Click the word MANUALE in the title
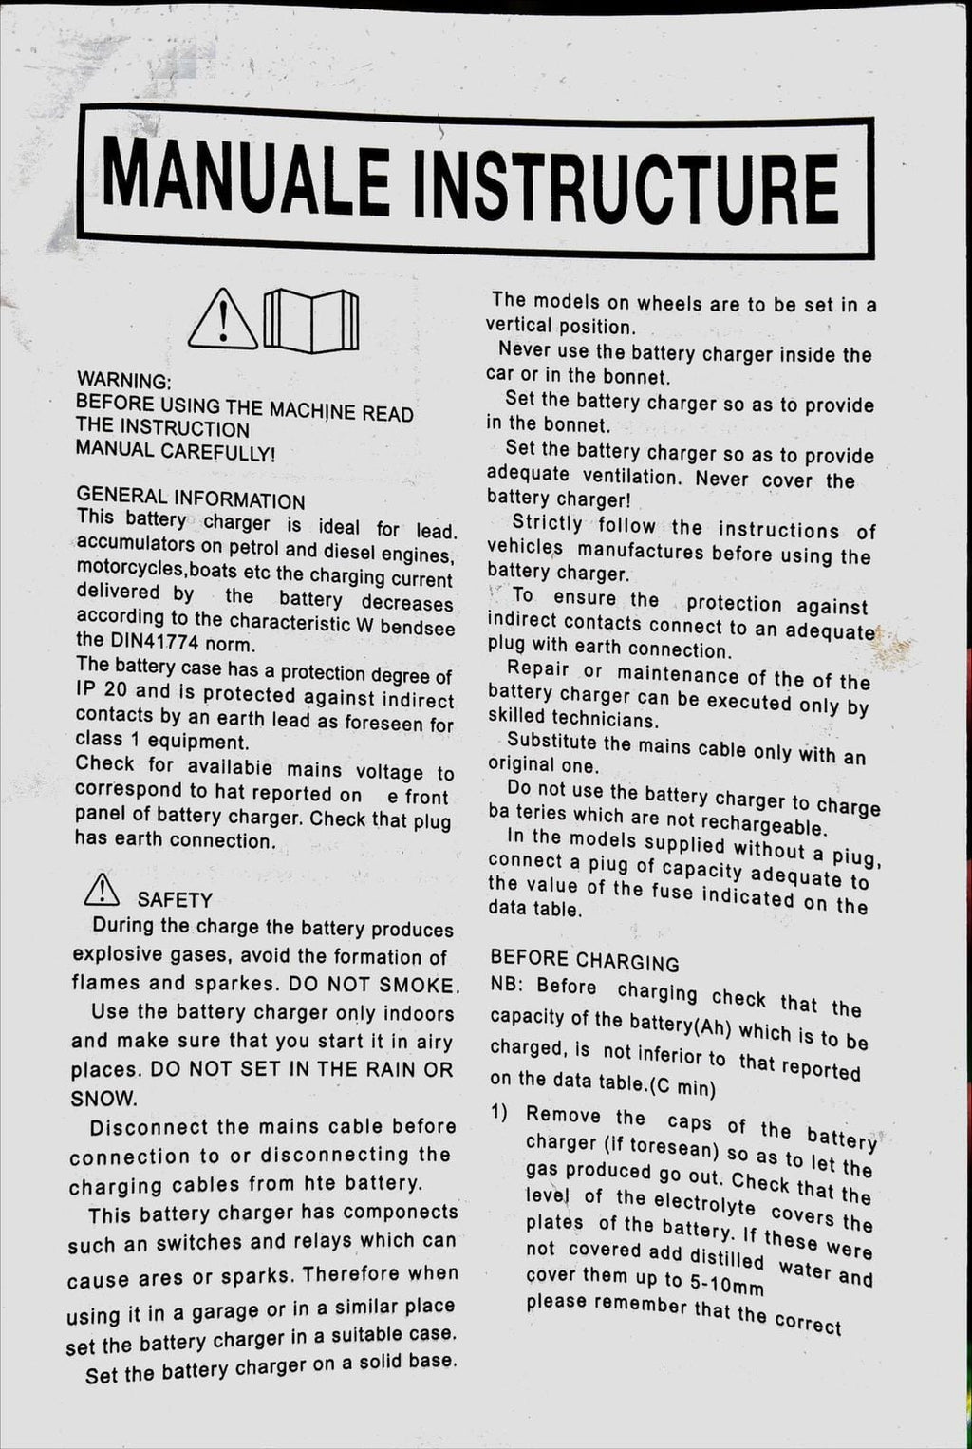(x=246, y=177)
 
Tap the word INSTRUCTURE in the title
(x=627, y=184)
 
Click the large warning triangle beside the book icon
(x=223, y=319)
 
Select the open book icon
(x=310, y=320)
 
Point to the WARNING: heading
(x=123, y=381)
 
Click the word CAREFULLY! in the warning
(x=218, y=453)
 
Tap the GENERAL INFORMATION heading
(x=191, y=498)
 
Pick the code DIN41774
(x=154, y=641)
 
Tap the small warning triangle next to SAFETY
(x=102, y=891)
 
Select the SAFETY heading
(x=175, y=899)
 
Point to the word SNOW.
(x=103, y=1098)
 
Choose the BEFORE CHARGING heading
(x=585, y=961)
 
